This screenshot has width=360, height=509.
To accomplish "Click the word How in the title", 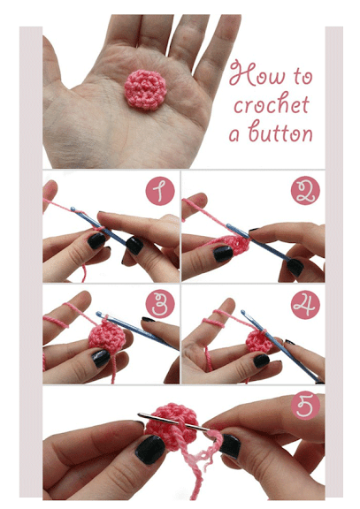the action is [257, 73].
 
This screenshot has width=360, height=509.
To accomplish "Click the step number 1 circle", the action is [160, 191].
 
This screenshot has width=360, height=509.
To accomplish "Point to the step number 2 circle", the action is [305, 191].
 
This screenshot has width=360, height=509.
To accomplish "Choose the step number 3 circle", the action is [160, 305].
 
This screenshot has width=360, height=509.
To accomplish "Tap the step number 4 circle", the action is [305, 305].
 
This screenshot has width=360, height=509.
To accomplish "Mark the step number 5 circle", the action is [305, 405].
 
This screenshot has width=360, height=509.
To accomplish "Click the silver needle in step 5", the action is [173, 422].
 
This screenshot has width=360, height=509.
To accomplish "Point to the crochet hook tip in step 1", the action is [73, 209].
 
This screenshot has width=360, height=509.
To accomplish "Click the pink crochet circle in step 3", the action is [104, 335].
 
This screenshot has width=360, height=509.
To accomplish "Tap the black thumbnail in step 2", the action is [223, 254].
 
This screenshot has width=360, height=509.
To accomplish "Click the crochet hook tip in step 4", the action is [243, 312].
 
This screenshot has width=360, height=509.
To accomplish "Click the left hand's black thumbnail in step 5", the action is [150, 449].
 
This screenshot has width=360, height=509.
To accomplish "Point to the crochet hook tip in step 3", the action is [98, 314].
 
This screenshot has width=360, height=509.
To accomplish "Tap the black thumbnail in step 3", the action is [101, 358].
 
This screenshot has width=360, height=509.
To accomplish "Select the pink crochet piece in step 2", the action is [236, 245].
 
